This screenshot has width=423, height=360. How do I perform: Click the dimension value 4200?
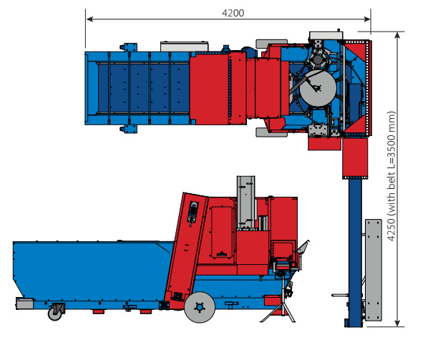click(x=233, y=13)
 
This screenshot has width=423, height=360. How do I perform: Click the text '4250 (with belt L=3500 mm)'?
click(x=392, y=176)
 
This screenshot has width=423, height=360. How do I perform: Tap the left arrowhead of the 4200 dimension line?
click(x=89, y=19)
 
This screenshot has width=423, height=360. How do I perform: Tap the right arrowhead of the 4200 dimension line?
click(x=367, y=19)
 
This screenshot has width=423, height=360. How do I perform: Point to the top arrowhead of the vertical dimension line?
click(x=397, y=36)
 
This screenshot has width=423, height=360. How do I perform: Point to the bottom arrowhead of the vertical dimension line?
click(x=397, y=323)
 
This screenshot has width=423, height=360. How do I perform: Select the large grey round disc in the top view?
click(x=319, y=88)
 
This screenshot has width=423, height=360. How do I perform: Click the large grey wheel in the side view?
click(x=200, y=307)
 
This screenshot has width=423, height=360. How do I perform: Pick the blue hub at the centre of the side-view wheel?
click(x=200, y=307)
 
